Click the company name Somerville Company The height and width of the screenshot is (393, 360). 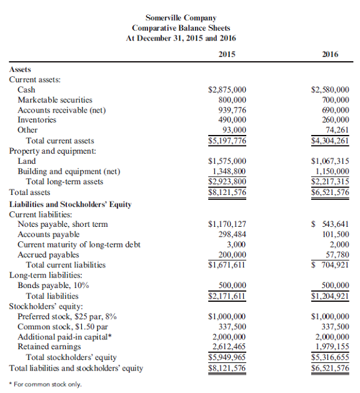(x=181, y=17)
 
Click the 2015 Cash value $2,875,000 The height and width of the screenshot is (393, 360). (x=227, y=90)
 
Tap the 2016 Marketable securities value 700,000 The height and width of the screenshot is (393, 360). (x=334, y=100)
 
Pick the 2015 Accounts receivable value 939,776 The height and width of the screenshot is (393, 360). (x=231, y=110)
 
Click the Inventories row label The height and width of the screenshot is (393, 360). (x=37, y=120)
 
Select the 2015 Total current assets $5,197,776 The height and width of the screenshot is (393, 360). (x=227, y=141)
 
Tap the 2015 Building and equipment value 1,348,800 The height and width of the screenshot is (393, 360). (x=229, y=171)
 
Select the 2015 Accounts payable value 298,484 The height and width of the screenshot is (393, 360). (x=231, y=234)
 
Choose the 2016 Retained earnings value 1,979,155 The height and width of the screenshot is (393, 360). (x=332, y=346)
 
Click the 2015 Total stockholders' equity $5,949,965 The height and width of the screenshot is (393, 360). (x=227, y=357)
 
